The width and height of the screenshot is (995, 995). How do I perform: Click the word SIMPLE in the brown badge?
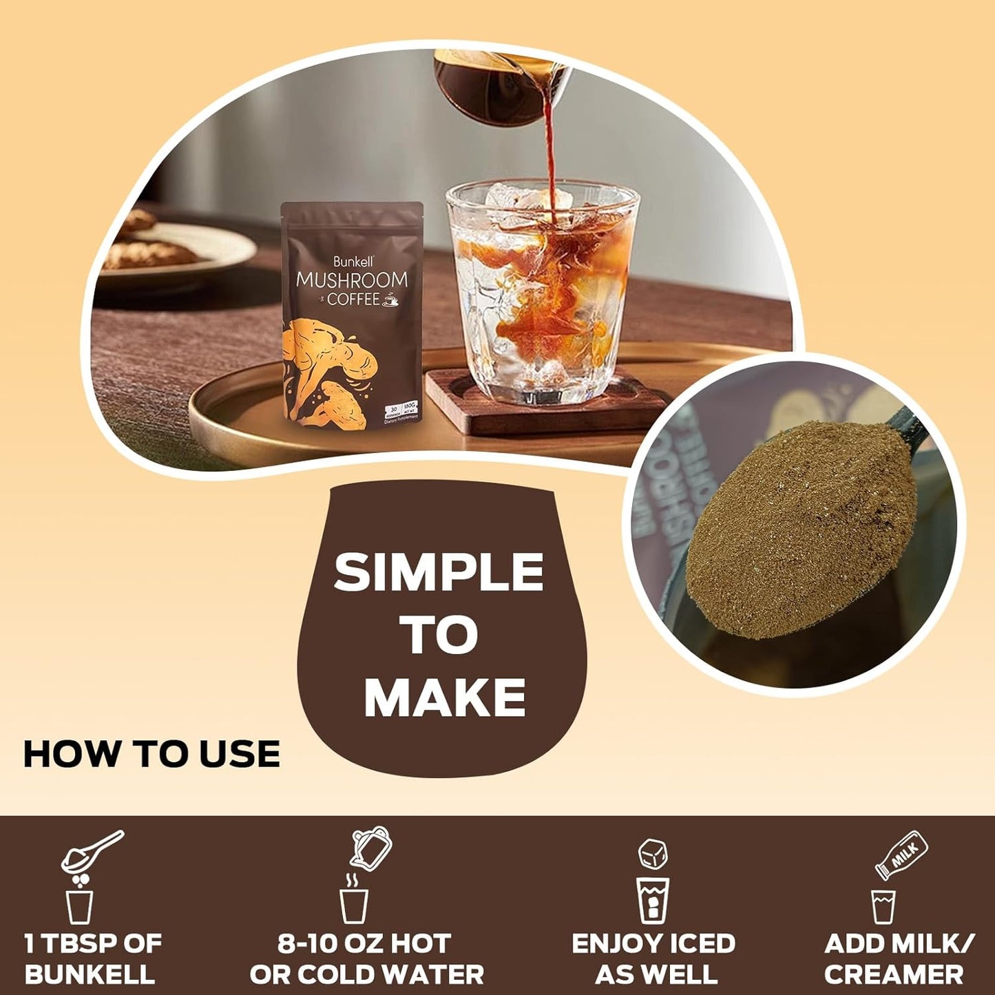click(x=439, y=573)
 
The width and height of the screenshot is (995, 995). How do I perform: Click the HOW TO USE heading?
click(x=151, y=754)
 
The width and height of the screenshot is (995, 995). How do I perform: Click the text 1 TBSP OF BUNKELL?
click(x=92, y=959)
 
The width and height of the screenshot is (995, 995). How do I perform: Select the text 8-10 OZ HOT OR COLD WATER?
click(x=366, y=959)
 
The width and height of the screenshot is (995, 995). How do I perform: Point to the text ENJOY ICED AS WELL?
click(x=653, y=959)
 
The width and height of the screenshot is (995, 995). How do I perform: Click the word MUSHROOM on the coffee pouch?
click(x=351, y=281)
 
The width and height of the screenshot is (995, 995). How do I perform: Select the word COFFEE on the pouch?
click(x=353, y=300)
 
